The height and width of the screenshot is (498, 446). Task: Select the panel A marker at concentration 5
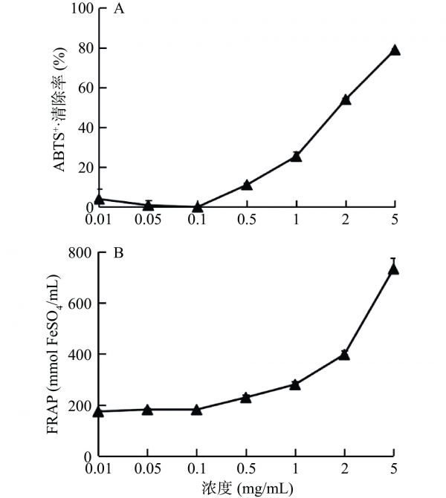click(x=395, y=50)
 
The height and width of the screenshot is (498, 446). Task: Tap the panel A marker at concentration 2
click(x=345, y=99)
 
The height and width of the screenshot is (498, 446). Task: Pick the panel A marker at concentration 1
click(x=296, y=157)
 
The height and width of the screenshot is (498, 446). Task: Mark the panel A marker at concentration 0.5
click(x=247, y=185)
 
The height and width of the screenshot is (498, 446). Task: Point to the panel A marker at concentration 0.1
click(x=197, y=206)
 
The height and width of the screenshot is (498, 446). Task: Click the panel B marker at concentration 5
click(x=395, y=269)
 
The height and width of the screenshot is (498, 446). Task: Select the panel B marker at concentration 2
click(x=345, y=354)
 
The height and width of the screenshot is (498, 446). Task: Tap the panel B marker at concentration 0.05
click(x=147, y=409)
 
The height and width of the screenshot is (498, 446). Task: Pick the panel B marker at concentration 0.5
click(x=247, y=397)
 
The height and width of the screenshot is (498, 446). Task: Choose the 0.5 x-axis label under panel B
click(x=247, y=471)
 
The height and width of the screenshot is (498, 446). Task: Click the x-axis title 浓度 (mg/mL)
click(x=247, y=488)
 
